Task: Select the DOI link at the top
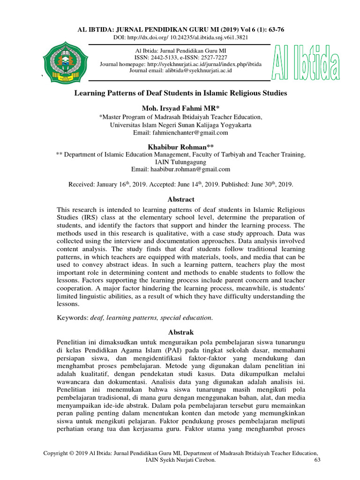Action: [x=197, y=37]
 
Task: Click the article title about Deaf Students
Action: [x=180, y=93]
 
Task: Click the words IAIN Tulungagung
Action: [x=180, y=162]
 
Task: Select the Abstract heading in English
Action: [x=180, y=199]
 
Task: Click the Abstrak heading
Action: [x=180, y=332]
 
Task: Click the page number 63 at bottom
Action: [x=316, y=460]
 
